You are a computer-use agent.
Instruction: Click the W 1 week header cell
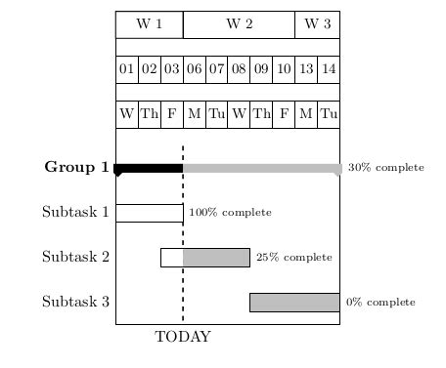(149, 24)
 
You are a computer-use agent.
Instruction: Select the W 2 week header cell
(239, 24)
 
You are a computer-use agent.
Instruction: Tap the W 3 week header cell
(318, 24)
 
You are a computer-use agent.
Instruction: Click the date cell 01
(126, 69)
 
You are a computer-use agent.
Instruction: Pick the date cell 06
(194, 69)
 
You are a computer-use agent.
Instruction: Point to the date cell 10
(284, 69)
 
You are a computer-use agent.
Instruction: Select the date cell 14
(329, 69)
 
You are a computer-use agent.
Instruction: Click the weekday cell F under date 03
(171, 114)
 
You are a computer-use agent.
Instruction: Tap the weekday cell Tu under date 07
(216, 114)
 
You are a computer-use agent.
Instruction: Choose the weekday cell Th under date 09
(261, 114)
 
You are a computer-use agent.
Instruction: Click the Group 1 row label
(76, 167)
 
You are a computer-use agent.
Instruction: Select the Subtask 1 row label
(75, 212)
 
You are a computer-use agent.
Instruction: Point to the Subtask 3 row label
(75, 302)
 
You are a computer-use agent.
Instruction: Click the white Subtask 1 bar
(149, 213)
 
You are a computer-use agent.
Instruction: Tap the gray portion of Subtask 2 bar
(216, 258)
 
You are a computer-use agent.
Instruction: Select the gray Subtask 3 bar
(294, 303)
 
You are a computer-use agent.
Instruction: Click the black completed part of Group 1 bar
(149, 168)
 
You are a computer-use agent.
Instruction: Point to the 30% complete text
(385, 168)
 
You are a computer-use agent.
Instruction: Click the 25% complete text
(293, 258)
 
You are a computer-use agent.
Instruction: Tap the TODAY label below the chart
(183, 338)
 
